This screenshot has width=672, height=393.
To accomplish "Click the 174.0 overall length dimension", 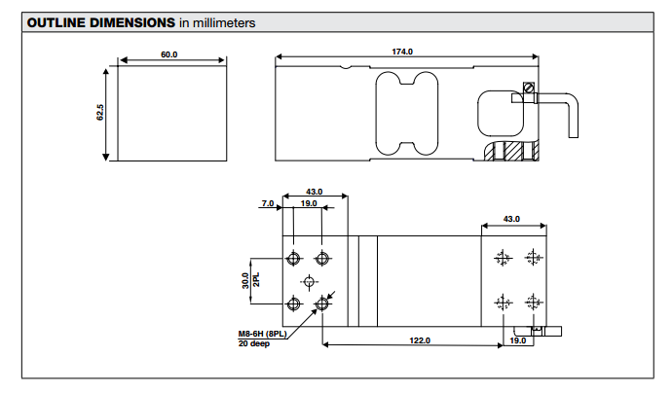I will tap(403, 52).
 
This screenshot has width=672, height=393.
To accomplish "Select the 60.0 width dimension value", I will tap(168, 54).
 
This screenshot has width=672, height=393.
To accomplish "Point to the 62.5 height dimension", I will tap(99, 114).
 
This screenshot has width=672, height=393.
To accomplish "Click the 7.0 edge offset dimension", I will tap(267, 204).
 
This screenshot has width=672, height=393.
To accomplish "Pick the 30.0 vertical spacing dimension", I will tap(245, 281).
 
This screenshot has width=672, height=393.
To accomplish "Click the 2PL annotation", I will tap(256, 281).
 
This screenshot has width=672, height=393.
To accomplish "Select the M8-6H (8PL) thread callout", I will tap(264, 335).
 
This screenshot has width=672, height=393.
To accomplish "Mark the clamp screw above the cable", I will tap(529, 89).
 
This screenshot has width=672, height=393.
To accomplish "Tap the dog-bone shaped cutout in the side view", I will tap(407, 112).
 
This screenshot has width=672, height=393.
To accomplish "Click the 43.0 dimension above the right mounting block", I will tap(511, 219).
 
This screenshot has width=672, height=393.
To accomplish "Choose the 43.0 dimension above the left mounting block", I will tap(314, 193).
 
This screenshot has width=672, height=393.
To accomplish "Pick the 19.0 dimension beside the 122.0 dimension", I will tap(518, 340).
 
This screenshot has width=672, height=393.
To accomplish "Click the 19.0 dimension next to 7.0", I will tap(308, 204).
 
